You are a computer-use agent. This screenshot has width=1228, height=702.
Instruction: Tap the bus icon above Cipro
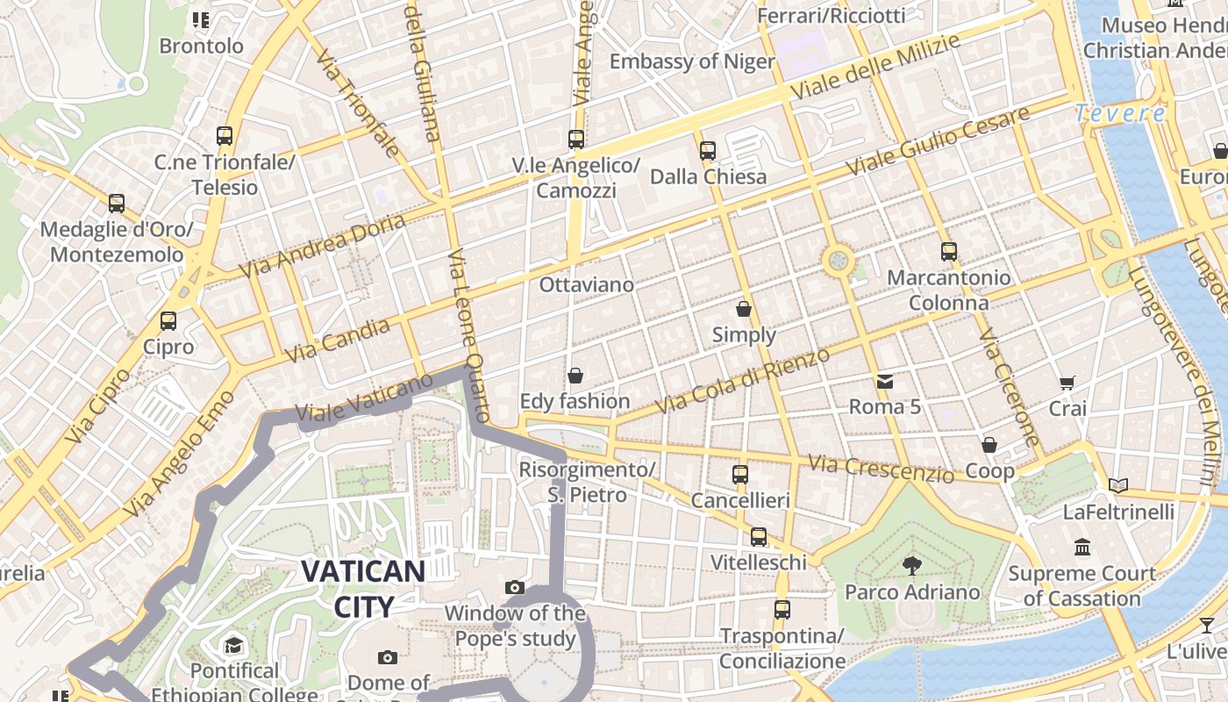tap(168, 321)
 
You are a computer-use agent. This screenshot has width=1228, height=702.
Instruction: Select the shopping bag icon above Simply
tap(744, 309)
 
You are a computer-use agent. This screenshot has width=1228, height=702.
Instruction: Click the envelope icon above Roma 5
tap(885, 381)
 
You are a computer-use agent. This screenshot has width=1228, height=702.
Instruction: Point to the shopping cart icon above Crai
tap(1067, 383)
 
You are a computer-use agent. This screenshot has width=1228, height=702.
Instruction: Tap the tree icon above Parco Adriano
tap(912, 566)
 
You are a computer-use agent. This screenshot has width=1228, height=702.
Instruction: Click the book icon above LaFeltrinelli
tap(1117, 485)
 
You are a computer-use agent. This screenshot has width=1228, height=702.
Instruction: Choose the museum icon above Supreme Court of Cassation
tap(1082, 548)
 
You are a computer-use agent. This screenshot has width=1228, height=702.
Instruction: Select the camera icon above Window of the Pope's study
tap(515, 587)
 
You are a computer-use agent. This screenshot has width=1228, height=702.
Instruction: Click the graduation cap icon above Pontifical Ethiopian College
tap(233, 646)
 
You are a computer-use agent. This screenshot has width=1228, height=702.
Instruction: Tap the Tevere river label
tap(1120, 113)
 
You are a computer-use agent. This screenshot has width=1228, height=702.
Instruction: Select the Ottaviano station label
tap(586, 285)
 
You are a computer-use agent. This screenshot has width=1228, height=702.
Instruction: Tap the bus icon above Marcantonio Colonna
tap(948, 252)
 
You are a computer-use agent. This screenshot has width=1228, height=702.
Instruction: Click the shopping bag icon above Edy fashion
tap(575, 376)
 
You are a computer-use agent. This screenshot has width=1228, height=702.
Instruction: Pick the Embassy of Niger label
tap(692, 61)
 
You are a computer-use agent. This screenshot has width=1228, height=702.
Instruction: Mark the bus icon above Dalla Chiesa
tap(708, 151)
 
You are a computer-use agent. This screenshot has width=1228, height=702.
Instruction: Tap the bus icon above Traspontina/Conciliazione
tap(782, 609)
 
